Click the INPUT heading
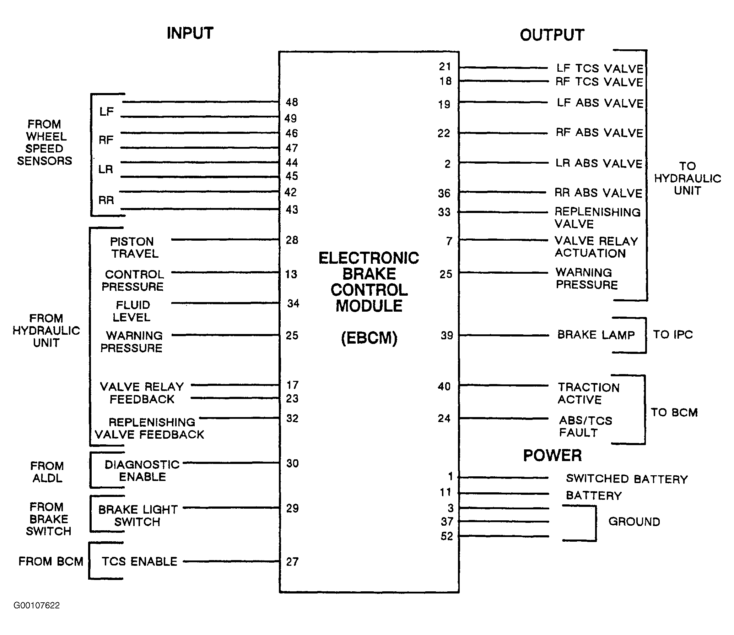(190, 33)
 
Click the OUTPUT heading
(552, 35)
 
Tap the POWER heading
(552, 455)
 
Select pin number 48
(292, 102)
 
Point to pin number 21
(445, 66)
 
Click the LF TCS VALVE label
(600, 68)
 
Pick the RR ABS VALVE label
(598, 193)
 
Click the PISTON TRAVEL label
(134, 248)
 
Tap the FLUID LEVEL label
(132, 311)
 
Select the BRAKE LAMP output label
(596, 335)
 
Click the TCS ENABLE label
(140, 562)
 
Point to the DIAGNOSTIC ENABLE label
(142, 471)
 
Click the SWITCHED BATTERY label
(627, 479)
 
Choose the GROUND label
(634, 521)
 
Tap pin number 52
(447, 536)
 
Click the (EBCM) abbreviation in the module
(369, 338)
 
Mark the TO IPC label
(673, 334)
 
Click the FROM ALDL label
(47, 472)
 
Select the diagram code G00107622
(37, 605)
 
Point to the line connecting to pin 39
(504, 335)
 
